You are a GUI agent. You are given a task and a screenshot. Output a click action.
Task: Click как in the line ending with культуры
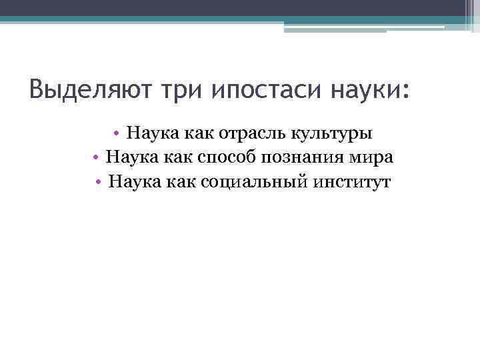pos(191,133)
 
